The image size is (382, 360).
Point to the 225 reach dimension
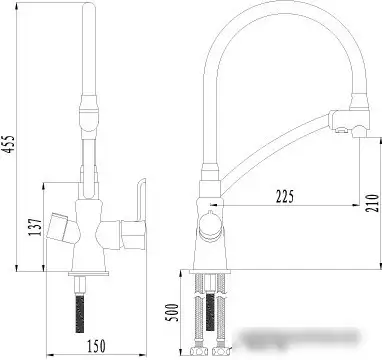point(286,196)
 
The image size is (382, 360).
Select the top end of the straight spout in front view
point(85,12)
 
